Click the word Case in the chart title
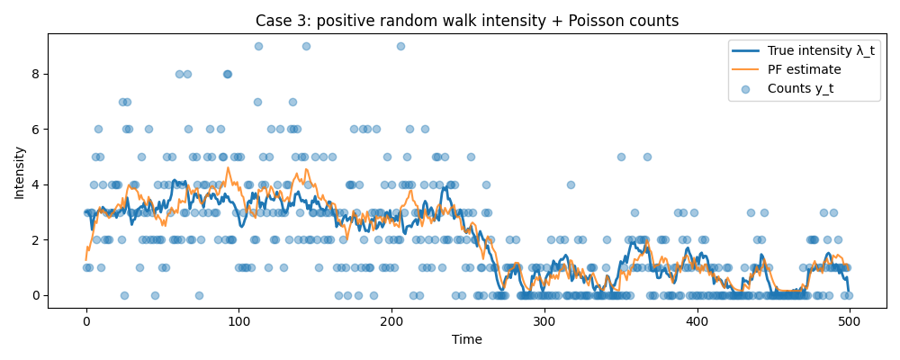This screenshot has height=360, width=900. click(x=272, y=21)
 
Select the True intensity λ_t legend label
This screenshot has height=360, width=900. click(x=821, y=50)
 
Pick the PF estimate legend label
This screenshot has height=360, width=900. click(x=805, y=69)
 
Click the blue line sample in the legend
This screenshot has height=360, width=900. click(x=749, y=50)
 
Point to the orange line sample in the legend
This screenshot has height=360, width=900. click(x=749, y=69)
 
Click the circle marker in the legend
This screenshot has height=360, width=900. click(x=749, y=88)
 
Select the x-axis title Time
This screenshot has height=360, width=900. click(x=467, y=339)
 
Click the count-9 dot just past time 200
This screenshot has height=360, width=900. click(x=400, y=46)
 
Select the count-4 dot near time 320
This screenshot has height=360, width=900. click(x=571, y=184)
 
